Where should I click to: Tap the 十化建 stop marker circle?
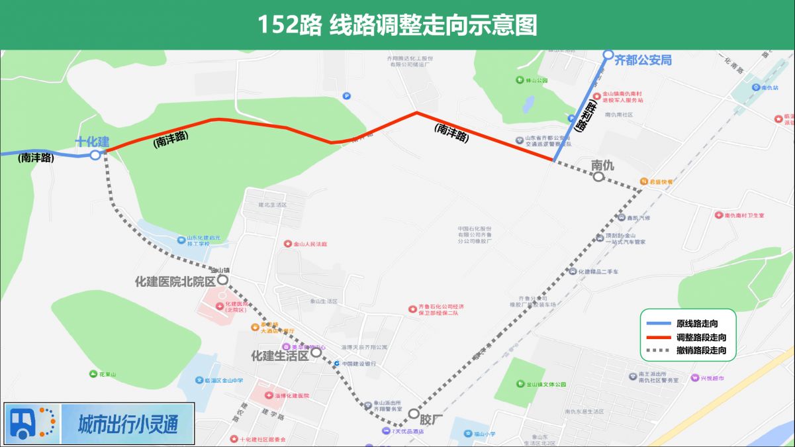point(95,155)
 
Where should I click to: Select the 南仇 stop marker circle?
point(598,177)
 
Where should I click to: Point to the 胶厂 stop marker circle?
point(414,415)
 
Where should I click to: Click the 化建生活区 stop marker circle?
point(316,353)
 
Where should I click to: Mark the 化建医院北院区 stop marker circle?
point(222,280)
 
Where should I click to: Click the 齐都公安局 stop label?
point(643,60)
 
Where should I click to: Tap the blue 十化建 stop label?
point(92,141)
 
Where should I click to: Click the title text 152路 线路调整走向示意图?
point(397,25)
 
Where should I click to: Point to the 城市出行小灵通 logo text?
point(128,424)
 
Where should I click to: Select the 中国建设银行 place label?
point(359,364)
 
